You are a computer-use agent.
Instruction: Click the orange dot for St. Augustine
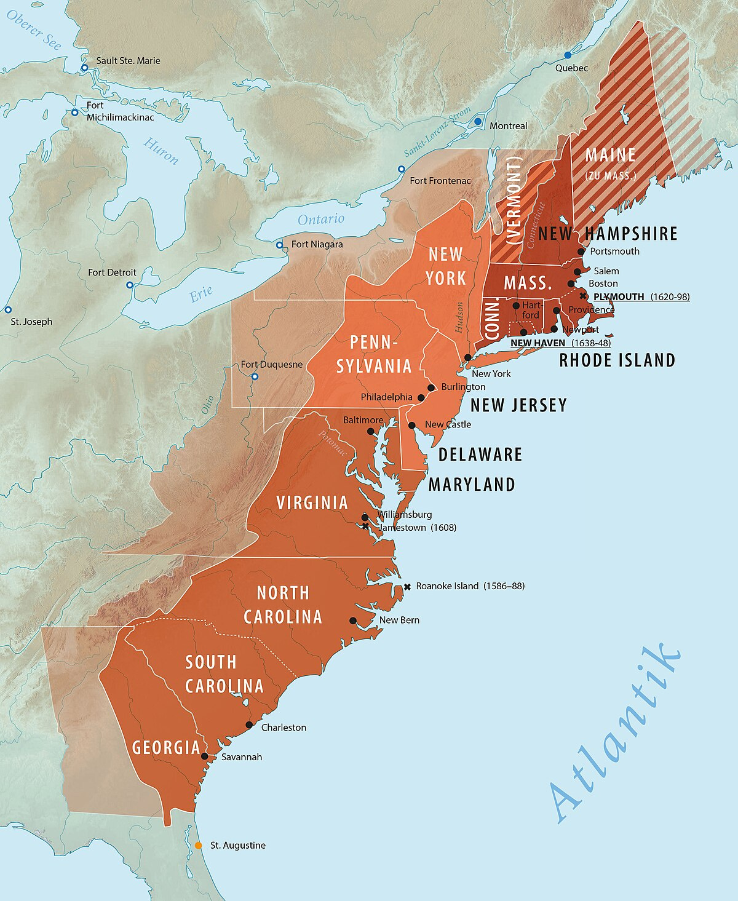[198, 846]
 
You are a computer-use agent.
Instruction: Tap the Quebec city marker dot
[568, 55]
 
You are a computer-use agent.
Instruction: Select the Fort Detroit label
[112, 272]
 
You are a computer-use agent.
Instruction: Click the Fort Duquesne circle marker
[255, 376]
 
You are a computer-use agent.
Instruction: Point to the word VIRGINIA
[312, 503]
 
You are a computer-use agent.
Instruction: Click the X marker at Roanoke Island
[407, 587]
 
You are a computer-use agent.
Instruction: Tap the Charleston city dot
[249, 725]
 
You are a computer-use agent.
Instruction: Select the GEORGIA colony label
[166, 748]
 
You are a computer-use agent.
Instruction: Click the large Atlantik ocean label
[615, 732]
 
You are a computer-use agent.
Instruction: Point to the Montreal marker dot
[478, 122]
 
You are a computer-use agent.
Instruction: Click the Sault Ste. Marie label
[128, 61]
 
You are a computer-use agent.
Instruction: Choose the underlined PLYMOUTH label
[619, 297]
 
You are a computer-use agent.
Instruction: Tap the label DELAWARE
[480, 454]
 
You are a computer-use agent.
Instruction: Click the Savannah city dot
[205, 756]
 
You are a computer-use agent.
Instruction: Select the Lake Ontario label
[321, 220]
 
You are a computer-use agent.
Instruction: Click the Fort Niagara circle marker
[279, 245]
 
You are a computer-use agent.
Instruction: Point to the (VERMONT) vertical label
[514, 200]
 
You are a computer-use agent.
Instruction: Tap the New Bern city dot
[353, 621]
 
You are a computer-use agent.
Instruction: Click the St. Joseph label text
[32, 322]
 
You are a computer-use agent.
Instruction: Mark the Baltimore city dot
[371, 431]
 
